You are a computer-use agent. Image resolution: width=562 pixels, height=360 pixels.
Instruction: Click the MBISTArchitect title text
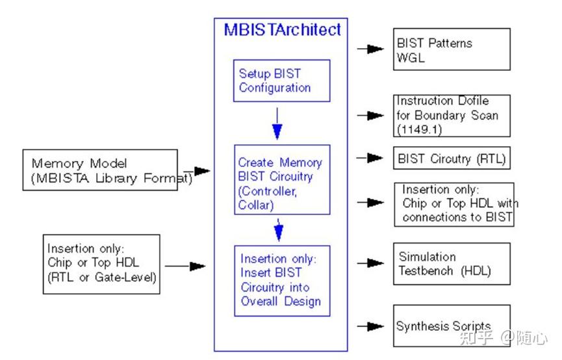coord(282,30)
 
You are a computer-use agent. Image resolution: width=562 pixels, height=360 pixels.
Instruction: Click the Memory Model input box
coord(100,170)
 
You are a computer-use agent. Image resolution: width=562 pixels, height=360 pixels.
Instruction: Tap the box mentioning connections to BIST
coord(453,204)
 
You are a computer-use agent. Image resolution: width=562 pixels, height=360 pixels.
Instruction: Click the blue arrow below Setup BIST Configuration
coord(277,123)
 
